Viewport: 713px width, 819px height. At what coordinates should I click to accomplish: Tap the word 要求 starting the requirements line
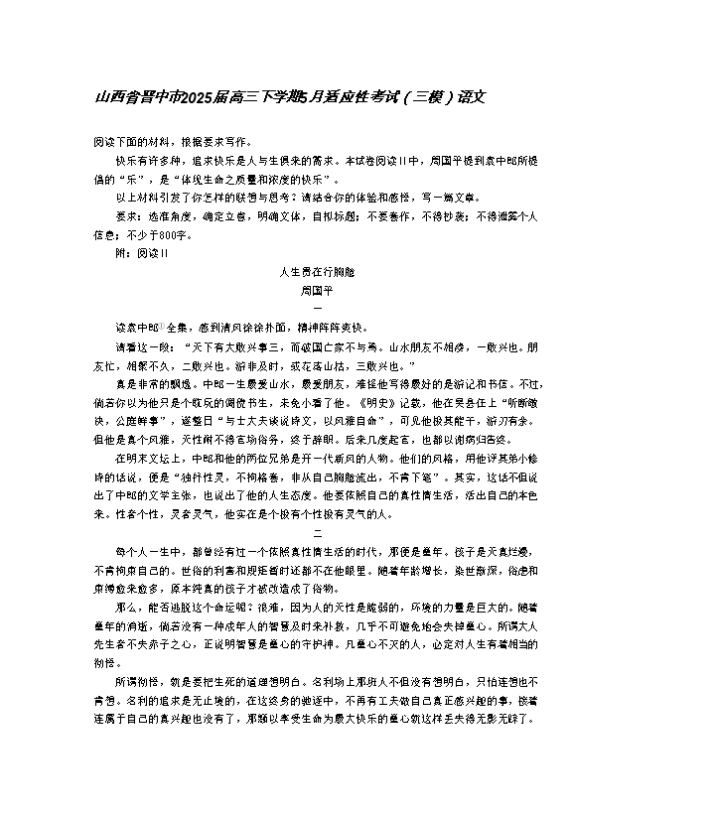point(127,215)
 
